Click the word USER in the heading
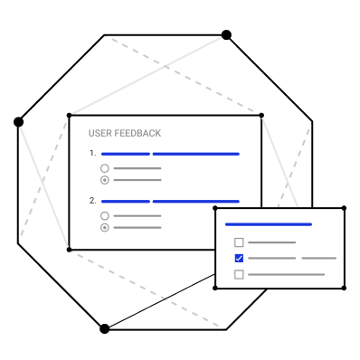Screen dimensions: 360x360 tap(99, 133)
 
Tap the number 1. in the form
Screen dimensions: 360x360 tap(92, 154)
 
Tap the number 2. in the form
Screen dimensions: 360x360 tap(92, 201)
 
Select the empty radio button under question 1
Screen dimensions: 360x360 tap(105, 168)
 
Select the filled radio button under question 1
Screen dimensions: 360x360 tap(105, 180)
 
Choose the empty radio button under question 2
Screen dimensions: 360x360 tap(105, 215)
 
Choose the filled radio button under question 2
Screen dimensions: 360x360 tap(105, 227)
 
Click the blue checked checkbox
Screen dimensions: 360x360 tap(239, 259)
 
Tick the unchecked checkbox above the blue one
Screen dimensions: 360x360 tap(239, 242)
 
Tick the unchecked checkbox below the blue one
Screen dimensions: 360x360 tap(239, 274)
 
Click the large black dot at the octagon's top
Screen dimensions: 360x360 tap(226, 35)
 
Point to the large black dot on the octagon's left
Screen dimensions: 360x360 tap(18, 122)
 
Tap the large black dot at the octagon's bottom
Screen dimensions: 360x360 tap(104, 328)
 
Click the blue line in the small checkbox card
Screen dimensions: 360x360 tap(269, 224)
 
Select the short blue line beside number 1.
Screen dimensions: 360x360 tap(126, 154)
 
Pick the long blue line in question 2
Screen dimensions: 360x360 tap(196, 202)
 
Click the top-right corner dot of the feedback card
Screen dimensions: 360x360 tap(261, 115)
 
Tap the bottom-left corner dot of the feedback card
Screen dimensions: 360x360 tap(69, 250)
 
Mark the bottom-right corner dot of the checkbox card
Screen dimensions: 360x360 tap(344, 289)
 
